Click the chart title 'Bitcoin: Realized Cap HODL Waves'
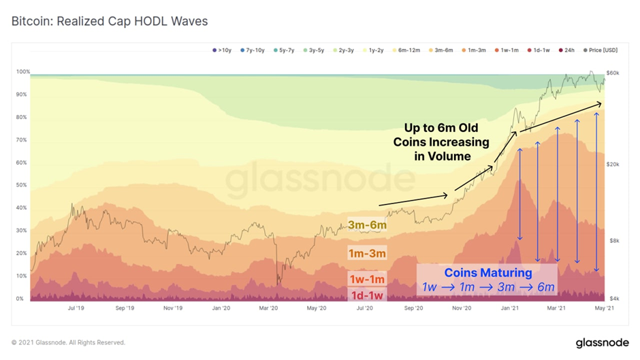point(110,21)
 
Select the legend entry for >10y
point(223,50)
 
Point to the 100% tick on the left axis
point(22,72)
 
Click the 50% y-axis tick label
point(22,185)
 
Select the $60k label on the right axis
point(613,72)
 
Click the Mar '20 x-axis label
point(269,308)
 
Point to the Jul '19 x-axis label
point(76,308)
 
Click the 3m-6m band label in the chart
point(366,225)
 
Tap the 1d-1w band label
point(367,295)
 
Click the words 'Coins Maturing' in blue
point(488,273)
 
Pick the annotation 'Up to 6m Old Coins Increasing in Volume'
point(441,142)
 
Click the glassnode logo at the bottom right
point(602,342)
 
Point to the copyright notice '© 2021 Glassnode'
point(68,342)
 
